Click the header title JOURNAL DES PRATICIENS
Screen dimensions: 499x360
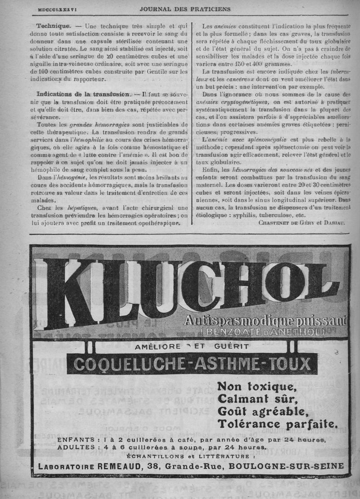pyautogui.click(x=185, y=9)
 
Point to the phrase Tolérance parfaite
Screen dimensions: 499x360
pyautogui.click(x=277, y=423)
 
